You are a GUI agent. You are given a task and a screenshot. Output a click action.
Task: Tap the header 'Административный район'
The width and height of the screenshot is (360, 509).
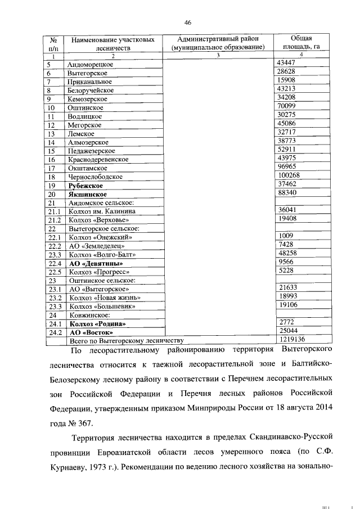(x=218, y=39)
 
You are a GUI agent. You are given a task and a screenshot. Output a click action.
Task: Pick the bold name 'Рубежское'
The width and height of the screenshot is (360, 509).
(x=85, y=185)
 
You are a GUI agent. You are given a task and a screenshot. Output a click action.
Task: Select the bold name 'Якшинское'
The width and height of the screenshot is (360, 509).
(x=87, y=194)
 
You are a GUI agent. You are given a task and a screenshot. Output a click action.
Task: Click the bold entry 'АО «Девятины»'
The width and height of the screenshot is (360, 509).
(x=95, y=263)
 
